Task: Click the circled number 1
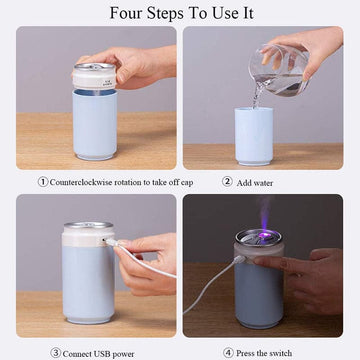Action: point(43,182)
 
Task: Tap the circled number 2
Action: point(227,182)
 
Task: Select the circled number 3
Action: point(55,353)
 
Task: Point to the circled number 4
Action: point(228,353)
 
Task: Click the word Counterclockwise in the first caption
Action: point(81,182)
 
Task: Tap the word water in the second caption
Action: point(264,183)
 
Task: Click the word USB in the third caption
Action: point(97,354)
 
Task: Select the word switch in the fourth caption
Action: point(280,353)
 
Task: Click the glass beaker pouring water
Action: point(278,70)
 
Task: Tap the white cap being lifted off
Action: point(95,76)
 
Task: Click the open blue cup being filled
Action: point(254,136)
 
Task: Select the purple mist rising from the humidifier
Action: point(266,213)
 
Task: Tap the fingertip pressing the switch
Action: point(257,260)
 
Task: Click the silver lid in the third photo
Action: point(89,225)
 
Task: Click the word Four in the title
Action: point(125,13)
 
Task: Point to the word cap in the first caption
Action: point(187,183)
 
